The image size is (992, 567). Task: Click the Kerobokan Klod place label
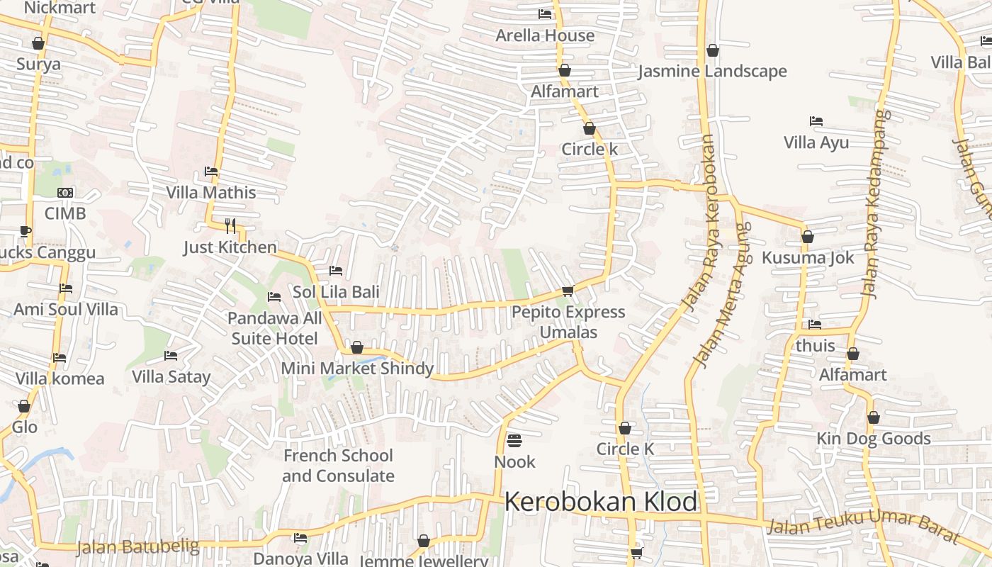coord(601,502)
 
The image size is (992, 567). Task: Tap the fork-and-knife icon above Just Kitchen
coord(230,226)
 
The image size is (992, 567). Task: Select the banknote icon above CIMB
coord(65,193)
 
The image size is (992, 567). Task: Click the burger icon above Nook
coord(514,441)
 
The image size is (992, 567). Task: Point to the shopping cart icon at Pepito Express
coord(568,291)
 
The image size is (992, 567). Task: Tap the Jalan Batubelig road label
coord(137,547)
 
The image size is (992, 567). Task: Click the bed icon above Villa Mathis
coord(210,172)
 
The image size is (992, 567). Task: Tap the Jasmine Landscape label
coord(712,72)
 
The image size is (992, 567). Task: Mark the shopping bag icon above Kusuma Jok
coord(808,237)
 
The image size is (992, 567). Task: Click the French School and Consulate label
coord(338,466)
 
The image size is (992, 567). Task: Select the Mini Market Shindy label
coord(357,369)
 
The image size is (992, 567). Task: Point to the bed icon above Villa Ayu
coord(816,122)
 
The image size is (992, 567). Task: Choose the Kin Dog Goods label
coord(874,439)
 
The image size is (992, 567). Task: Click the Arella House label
coord(545,35)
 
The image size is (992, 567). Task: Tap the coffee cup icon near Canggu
coord(26,231)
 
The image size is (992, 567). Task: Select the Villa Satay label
coord(171,376)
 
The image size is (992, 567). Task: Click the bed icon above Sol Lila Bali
coord(336,271)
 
